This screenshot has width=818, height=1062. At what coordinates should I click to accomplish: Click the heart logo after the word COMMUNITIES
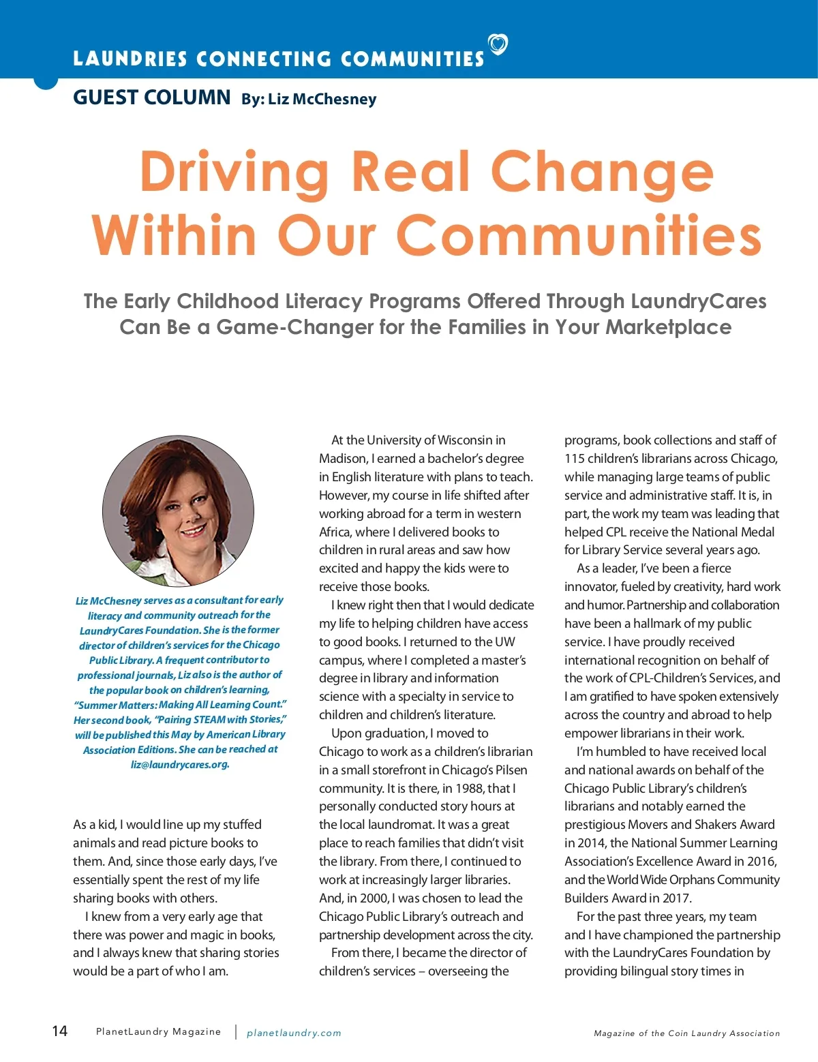click(498, 45)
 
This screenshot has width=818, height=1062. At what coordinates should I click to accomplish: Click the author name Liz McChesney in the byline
click(322, 100)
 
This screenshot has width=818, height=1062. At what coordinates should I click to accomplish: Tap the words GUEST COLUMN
click(151, 97)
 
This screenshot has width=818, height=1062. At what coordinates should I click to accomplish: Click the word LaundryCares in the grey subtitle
click(698, 301)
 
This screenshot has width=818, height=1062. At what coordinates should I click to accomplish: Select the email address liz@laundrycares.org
click(180, 764)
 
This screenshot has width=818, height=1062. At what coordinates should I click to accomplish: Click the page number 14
click(60, 1031)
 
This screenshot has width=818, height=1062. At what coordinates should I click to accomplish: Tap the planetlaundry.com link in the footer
click(294, 1033)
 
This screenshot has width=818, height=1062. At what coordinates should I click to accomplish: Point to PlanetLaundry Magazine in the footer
click(158, 1032)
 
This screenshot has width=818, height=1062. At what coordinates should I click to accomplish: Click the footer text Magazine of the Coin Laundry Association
click(686, 1033)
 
